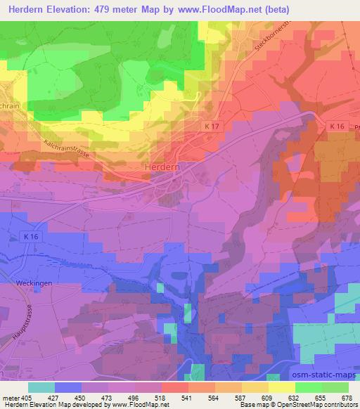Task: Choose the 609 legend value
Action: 265,397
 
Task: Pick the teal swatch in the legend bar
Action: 41,387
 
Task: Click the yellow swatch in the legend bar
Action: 281,387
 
